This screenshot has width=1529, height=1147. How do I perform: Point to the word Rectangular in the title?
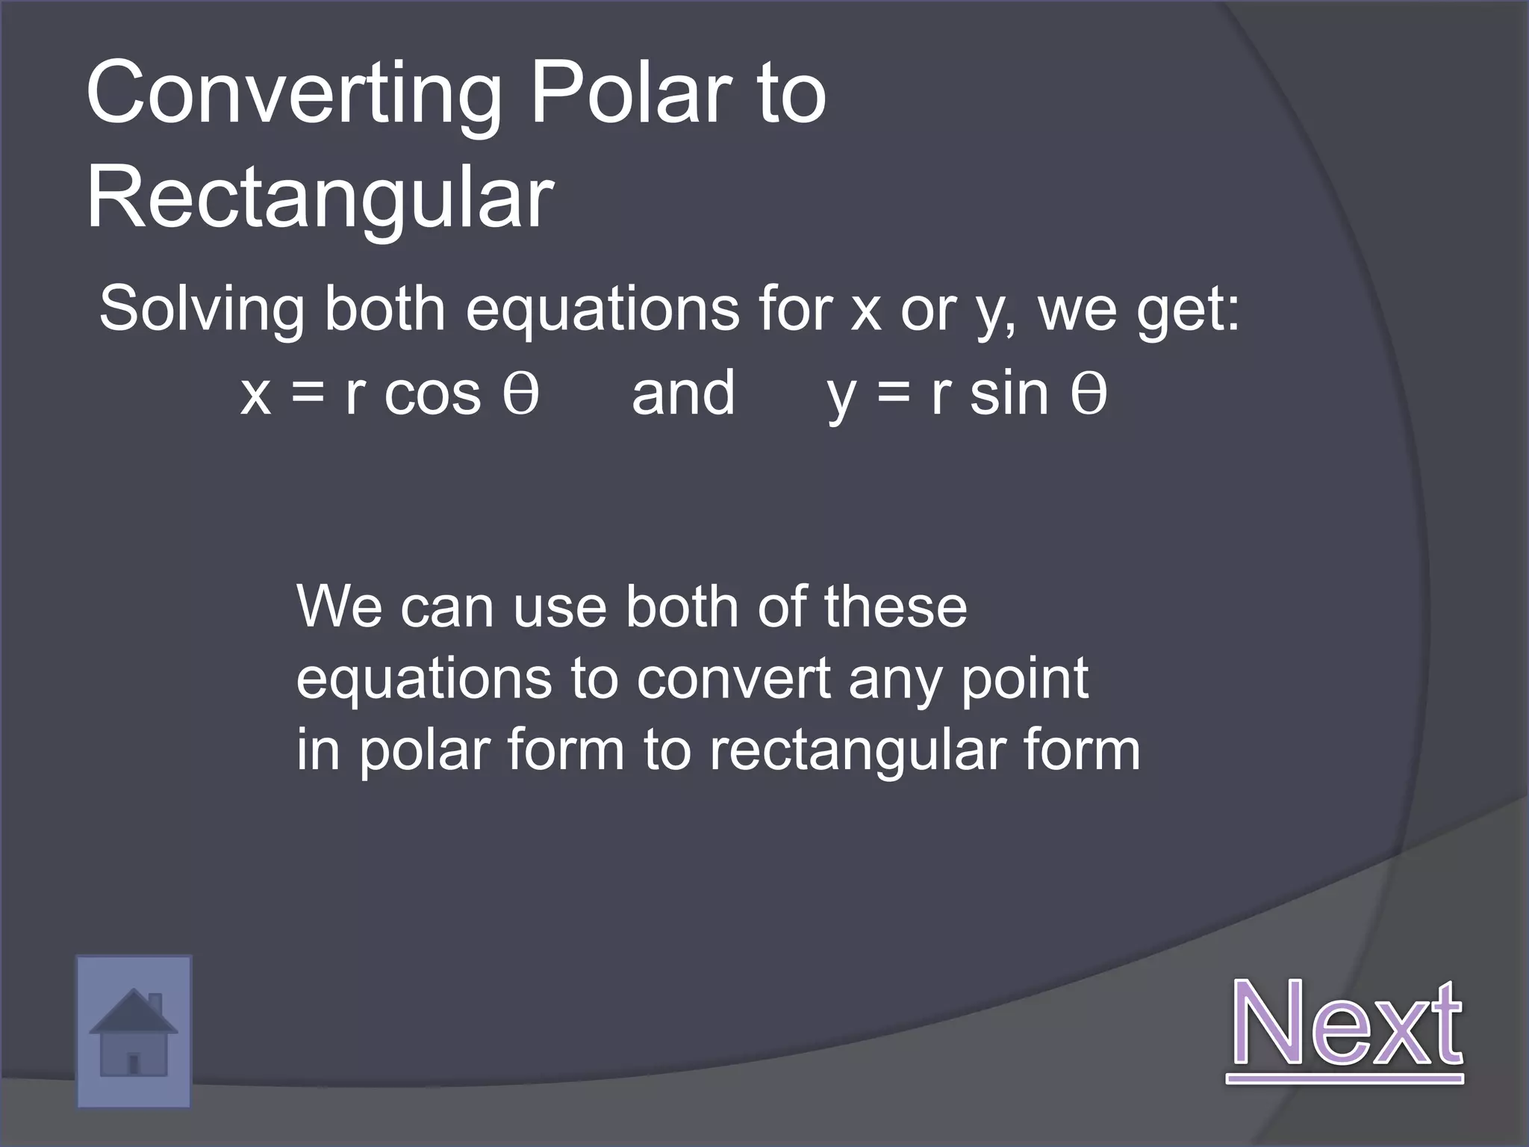tap(320, 200)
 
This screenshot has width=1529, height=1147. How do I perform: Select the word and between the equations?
tap(683, 394)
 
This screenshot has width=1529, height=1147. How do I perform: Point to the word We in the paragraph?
tap(340, 606)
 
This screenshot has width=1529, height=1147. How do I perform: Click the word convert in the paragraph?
tap(734, 679)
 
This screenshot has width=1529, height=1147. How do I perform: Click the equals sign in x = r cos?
tap(308, 394)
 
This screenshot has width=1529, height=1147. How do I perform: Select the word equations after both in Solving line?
tap(602, 311)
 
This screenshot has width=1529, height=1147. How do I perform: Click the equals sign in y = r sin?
tap(894, 394)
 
